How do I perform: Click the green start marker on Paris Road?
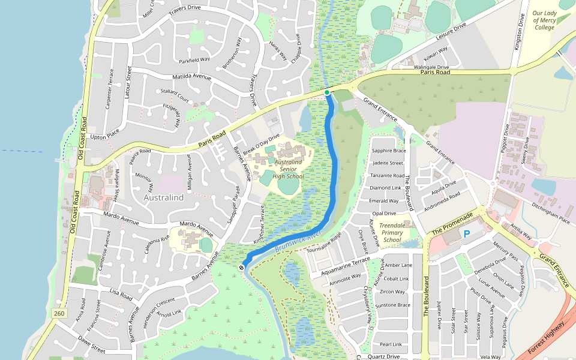pos(327,92)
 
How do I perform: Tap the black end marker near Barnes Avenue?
pos(241,267)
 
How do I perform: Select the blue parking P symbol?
pos(467,233)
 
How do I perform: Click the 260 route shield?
pos(59,313)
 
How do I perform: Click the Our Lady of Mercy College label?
pos(544,20)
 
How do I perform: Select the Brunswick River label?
pos(299,240)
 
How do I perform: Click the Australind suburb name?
pos(163,197)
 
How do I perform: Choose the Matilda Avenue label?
pos(192,77)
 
